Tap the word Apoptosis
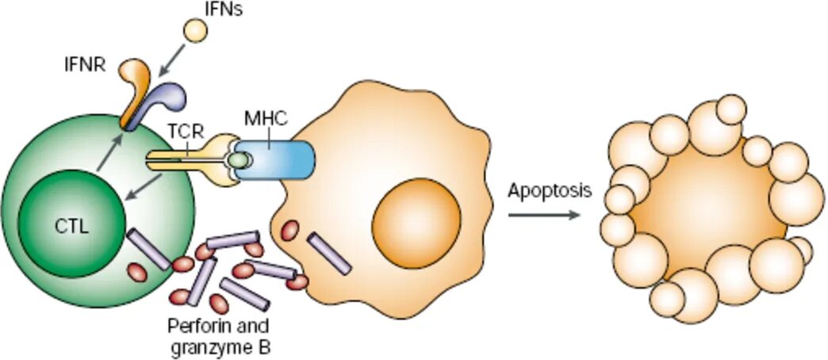(x=550, y=191)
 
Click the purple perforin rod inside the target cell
(x=329, y=253)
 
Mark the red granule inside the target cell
(x=290, y=230)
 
